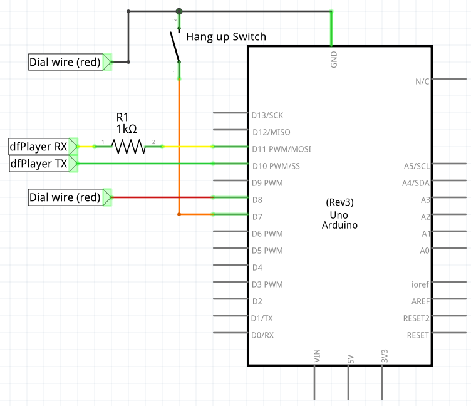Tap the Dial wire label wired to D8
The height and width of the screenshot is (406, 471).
point(65,197)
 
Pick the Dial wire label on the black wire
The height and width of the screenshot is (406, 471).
point(65,62)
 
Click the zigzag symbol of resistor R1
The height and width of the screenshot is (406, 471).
point(128,147)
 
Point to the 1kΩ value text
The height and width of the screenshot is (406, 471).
point(127,128)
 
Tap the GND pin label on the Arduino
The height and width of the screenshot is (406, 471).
point(334,60)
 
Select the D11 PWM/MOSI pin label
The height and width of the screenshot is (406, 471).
point(281,149)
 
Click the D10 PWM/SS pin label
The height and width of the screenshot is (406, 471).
point(276,166)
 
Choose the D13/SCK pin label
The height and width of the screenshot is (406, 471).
point(267,115)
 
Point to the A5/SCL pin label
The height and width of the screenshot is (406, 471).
point(416,166)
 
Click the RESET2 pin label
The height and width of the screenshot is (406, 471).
point(417,318)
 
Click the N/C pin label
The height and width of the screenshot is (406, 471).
point(422,81)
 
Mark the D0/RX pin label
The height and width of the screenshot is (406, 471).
point(263,335)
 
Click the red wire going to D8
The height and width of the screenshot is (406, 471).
point(163,197)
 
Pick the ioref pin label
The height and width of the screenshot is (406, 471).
point(419,284)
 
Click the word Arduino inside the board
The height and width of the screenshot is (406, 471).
point(339,224)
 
